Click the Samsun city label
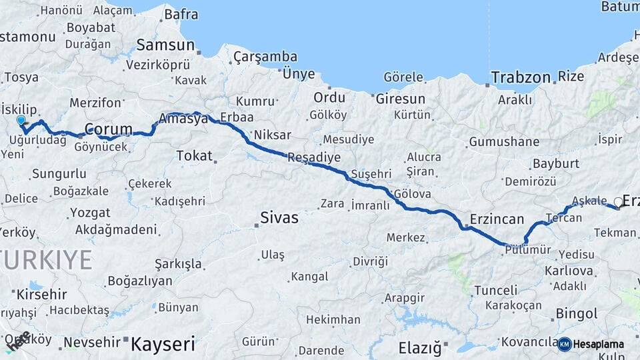165,45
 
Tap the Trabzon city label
521,77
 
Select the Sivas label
279,217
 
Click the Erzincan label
497,219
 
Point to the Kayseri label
163,344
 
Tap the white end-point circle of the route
618,202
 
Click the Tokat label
193,155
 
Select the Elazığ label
420,347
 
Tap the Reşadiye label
314,158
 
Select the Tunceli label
495,290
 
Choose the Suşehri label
371,174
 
